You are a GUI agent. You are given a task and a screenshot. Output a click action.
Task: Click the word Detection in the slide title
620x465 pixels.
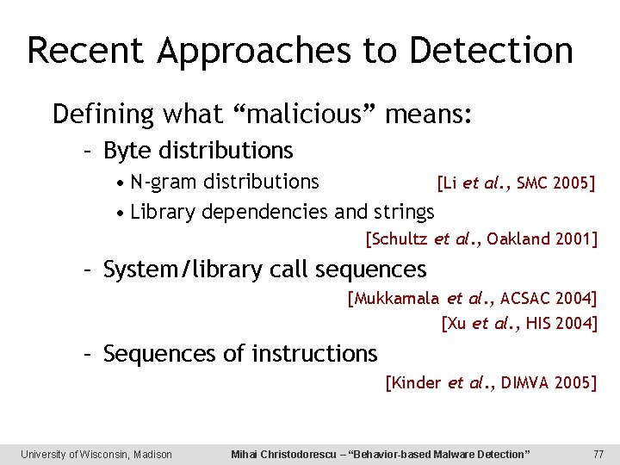tap(491, 51)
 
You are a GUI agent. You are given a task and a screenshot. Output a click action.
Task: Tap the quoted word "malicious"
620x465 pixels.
tap(307, 114)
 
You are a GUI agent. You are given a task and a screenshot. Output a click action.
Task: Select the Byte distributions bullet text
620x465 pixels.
tap(198, 151)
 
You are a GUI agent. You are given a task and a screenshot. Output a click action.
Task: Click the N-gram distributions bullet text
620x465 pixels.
tap(225, 182)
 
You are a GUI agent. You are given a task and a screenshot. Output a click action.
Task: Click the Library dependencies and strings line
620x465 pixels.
tap(282, 211)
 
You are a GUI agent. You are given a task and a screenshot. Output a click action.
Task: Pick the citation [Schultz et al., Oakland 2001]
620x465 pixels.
tap(481, 239)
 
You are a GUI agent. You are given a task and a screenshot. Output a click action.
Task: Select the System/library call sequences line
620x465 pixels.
tap(264, 270)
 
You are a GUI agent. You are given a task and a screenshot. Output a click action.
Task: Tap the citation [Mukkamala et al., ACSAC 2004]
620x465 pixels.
tap(472, 299)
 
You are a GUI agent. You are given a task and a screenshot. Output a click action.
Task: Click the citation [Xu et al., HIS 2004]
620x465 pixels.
tap(518, 323)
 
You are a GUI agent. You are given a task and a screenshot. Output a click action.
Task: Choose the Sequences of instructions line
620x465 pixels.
tap(239, 353)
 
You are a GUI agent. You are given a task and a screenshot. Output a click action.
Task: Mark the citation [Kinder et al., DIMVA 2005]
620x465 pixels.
tap(491, 382)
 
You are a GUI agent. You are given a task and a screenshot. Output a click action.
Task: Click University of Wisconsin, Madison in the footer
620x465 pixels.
tap(96, 454)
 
